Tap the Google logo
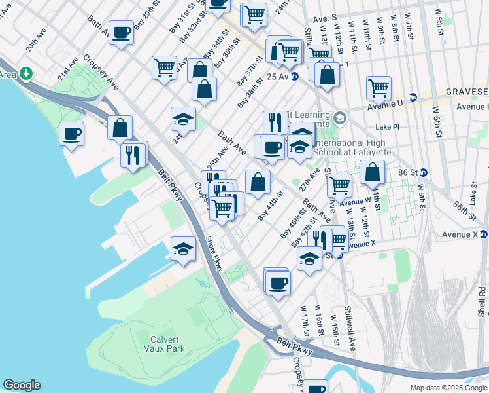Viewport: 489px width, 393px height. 22,385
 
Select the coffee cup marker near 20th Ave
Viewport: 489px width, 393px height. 121,33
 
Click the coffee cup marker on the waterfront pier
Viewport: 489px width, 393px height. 71,134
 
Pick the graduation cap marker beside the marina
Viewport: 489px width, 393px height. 183,249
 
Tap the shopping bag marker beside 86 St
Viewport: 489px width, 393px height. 372,172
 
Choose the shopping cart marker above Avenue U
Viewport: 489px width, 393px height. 379,87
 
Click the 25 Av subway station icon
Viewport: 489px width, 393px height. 295,77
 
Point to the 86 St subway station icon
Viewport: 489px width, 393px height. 423,173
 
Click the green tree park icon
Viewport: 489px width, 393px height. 26,72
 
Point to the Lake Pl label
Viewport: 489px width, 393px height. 387,127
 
